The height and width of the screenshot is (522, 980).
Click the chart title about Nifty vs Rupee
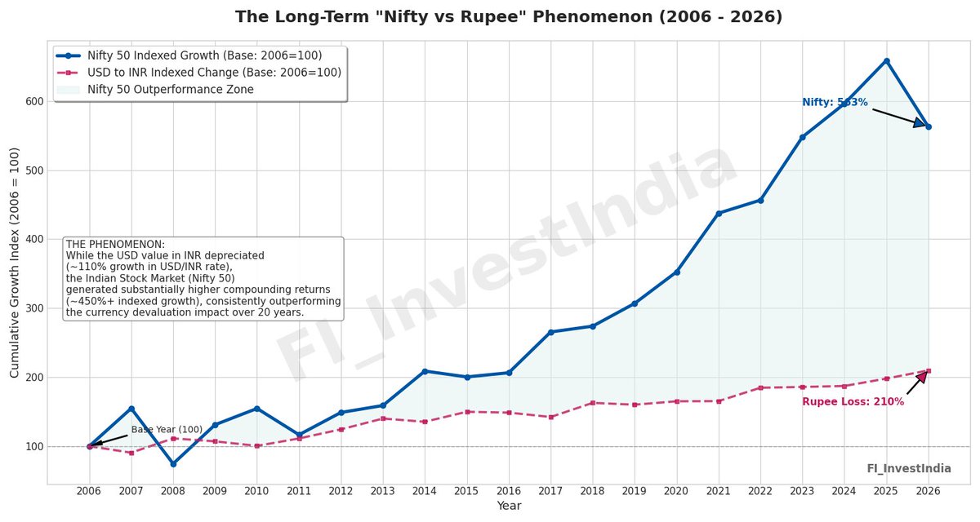(508, 17)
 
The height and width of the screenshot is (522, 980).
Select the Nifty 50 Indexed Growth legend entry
(204, 55)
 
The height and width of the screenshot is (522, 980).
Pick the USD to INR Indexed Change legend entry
(214, 73)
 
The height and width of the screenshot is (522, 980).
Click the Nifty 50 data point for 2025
(886, 61)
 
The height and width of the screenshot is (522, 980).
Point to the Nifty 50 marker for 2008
(173, 464)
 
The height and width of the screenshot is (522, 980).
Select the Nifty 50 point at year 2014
(425, 371)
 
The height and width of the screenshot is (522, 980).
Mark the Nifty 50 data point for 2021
(719, 214)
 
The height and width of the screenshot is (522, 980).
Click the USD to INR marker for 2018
(593, 403)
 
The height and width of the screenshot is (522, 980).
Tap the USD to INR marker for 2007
(131, 453)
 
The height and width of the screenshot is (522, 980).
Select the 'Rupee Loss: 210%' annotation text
(853, 402)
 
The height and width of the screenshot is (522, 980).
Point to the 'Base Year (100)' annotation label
(167, 430)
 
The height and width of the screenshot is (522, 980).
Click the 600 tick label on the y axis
(33, 102)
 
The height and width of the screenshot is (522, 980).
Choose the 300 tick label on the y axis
(33, 308)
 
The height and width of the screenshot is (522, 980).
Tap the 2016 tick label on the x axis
(509, 491)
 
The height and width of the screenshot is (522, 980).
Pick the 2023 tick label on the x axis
(802, 491)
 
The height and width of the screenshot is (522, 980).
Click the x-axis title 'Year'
(508, 507)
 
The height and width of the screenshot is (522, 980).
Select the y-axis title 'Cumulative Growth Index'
(15, 263)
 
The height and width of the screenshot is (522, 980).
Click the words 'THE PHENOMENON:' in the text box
(115, 245)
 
